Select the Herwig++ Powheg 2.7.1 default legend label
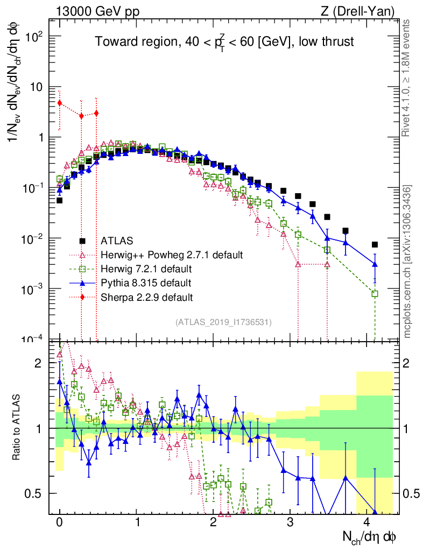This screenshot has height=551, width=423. pos(171,255)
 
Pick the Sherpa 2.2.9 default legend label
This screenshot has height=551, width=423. pos(146,296)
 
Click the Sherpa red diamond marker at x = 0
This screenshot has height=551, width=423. pos(60,103)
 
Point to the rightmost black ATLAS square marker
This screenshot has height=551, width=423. pos(375,244)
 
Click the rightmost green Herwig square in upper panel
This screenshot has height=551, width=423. pos(375,294)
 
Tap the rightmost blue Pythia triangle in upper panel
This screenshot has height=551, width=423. pos(375,264)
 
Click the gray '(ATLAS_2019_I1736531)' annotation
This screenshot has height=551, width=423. pos(223,322)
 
